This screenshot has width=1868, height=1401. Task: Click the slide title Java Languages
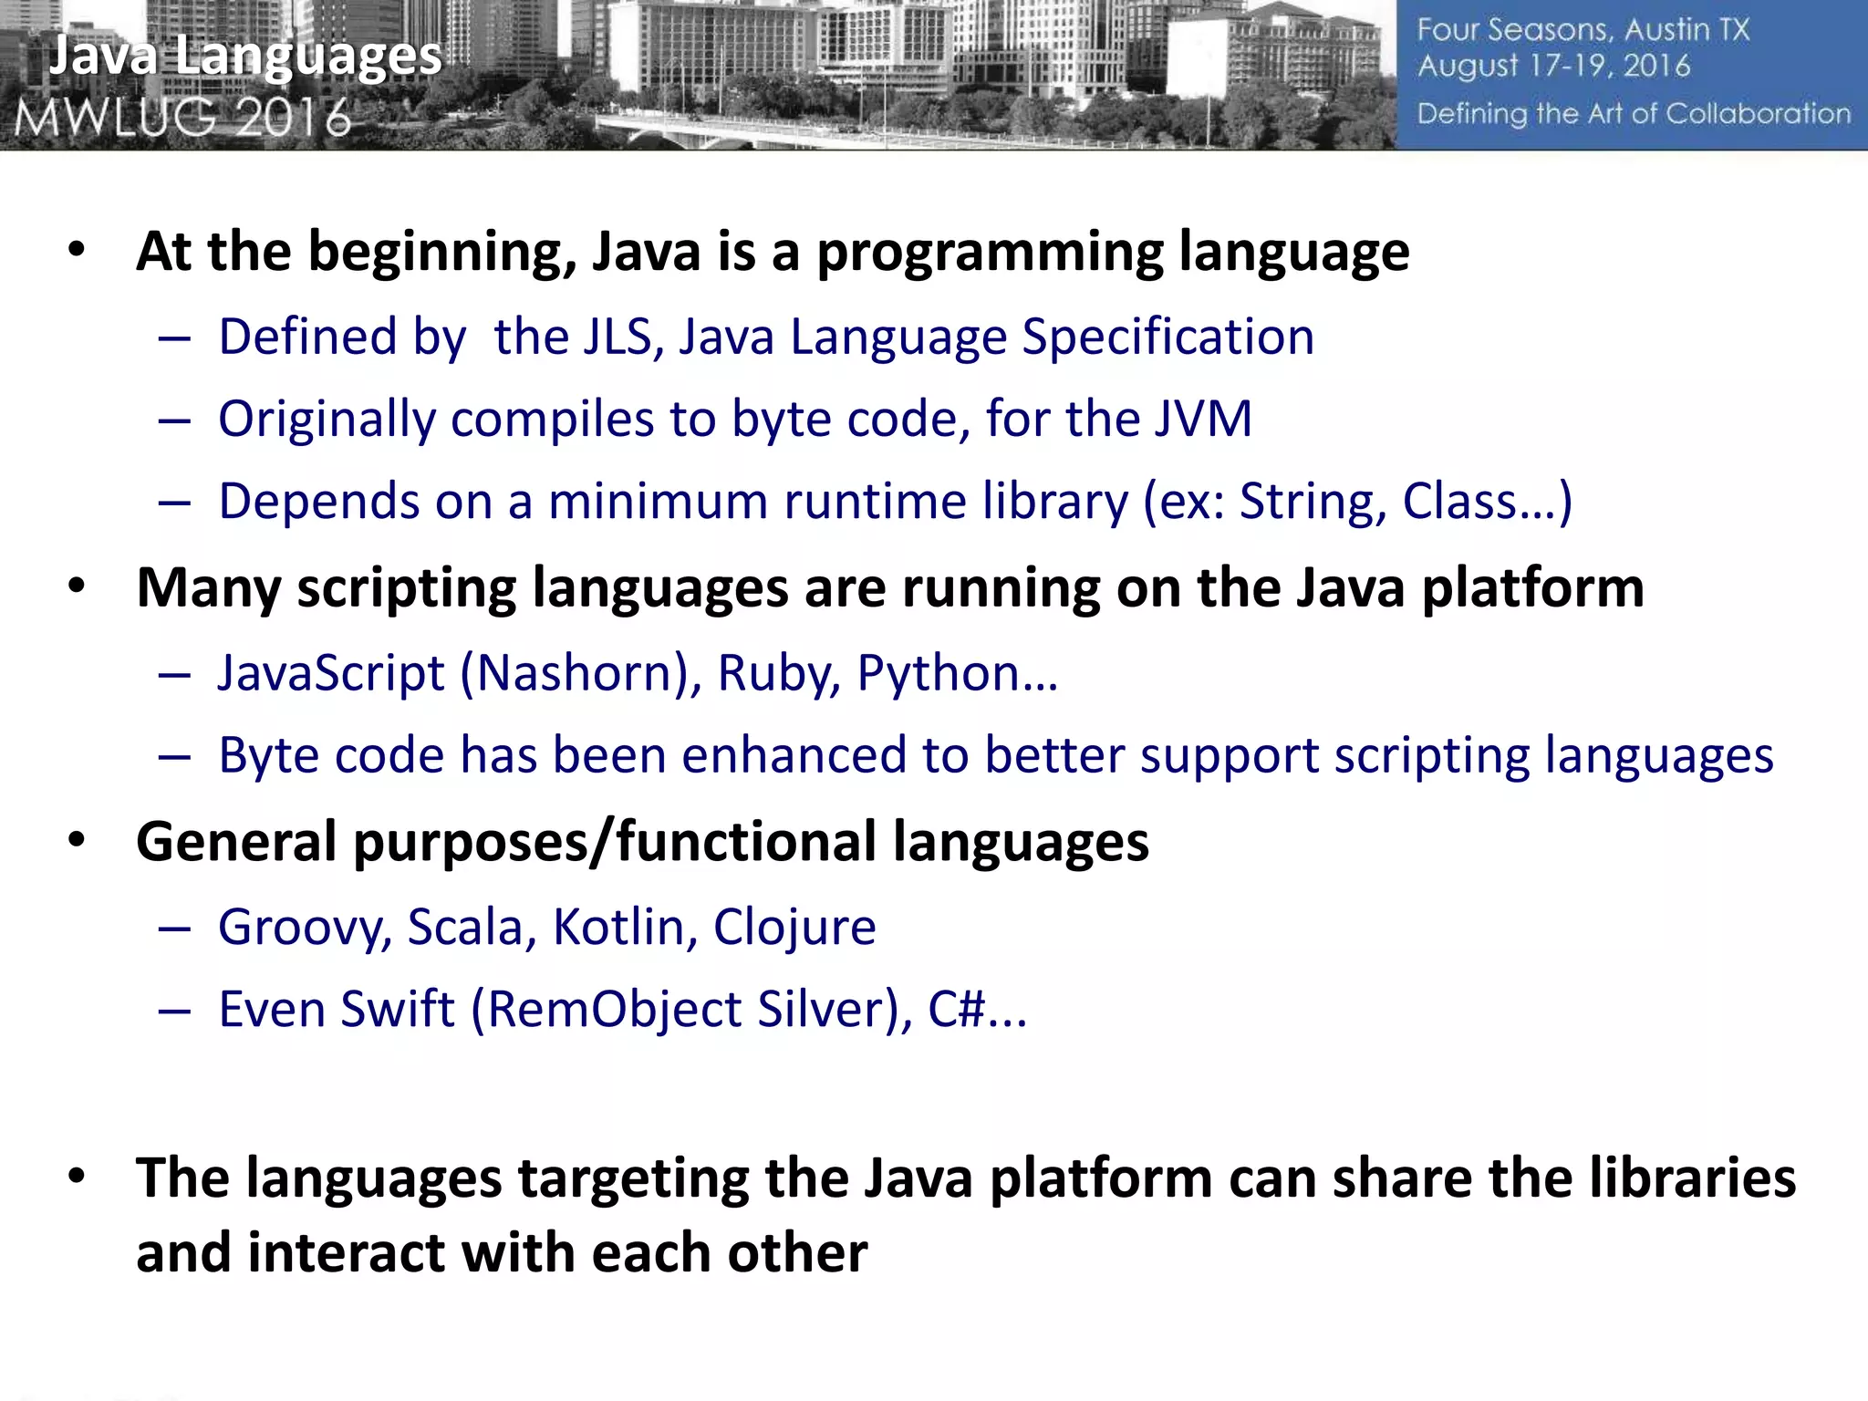pyautogui.click(x=244, y=57)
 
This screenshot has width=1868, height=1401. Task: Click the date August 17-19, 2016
pyautogui.click(x=1553, y=67)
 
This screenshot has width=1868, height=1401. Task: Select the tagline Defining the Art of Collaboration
pyautogui.click(x=1634, y=114)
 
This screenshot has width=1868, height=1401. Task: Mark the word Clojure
pyautogui.click(x=794, y=928)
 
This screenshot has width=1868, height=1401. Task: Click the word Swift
pyautogui.click(x=398, y=1010)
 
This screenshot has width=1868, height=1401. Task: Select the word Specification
pyautogui.click(x=1167, y=337)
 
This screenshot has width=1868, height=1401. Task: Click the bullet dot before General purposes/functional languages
pyautogui.click(x=77, y=840)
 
